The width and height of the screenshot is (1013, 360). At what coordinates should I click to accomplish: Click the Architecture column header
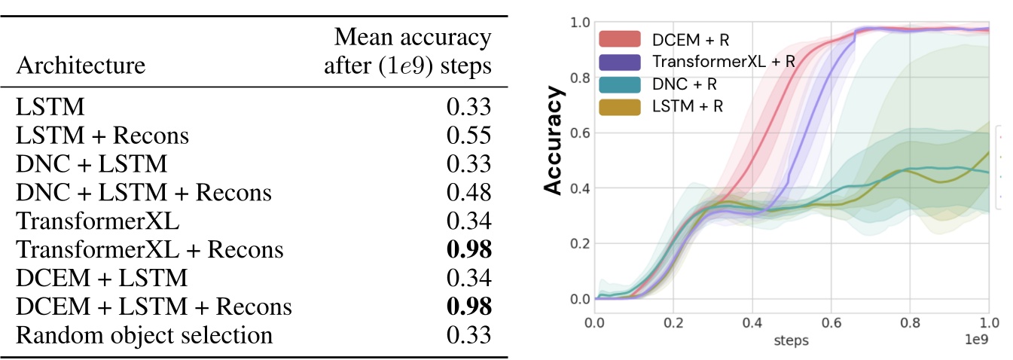[80, 66]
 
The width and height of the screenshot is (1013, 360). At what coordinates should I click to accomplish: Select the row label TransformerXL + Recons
[149, 249]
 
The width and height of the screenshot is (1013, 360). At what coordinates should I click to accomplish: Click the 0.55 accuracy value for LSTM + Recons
[468, 136]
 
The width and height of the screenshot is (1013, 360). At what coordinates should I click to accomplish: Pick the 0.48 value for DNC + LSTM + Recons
[468, 193]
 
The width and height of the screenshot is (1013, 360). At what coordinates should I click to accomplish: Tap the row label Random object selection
[143, 335]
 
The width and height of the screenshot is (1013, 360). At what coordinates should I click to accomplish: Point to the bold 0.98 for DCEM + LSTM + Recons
[468, 307]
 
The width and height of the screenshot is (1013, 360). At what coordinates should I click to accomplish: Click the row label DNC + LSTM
[91, 164]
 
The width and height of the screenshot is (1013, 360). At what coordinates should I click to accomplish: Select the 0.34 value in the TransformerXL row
[468, 221]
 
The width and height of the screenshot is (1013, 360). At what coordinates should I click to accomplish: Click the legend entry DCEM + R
[682, 38]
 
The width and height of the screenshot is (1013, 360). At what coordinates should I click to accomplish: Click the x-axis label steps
[791, 341]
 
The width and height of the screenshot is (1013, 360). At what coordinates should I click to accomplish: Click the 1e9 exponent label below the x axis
[978, 341]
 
